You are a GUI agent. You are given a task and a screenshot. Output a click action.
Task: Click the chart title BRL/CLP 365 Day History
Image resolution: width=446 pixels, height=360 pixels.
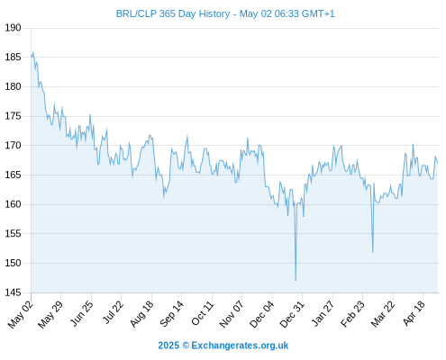click(173, 13)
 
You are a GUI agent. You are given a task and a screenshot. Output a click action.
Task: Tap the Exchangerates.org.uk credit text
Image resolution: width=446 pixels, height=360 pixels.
click(240, 346)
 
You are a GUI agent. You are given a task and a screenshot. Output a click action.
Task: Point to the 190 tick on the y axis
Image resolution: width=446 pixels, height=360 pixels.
click(13, 28)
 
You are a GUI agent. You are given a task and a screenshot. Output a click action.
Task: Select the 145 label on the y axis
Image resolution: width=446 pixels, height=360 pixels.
click(13, 292)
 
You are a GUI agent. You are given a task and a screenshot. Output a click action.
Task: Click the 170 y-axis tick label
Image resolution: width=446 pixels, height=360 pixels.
click(13, 146)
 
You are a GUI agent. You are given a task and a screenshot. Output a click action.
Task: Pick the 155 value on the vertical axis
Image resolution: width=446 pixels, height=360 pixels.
click(13, 234)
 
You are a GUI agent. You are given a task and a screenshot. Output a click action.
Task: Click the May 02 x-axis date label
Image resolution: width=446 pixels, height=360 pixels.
click(21, 314)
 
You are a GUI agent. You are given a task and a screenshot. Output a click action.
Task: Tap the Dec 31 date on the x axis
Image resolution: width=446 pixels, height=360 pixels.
click(292, 314)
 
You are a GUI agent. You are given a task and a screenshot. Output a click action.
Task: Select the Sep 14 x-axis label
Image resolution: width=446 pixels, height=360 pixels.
click(171, 314)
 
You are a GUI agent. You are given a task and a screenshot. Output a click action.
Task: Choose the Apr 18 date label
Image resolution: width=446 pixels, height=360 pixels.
click(414, 314)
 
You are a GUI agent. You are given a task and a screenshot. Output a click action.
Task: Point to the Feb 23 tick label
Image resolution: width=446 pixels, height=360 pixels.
click(352, 314)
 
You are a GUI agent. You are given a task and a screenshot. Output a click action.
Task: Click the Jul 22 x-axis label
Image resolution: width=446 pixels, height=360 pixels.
click(113, 312)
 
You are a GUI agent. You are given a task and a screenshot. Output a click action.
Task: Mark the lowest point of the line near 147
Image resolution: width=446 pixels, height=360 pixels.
click(296, 281)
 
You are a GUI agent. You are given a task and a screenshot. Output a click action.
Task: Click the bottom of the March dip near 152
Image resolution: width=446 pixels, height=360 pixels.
click(373, 252)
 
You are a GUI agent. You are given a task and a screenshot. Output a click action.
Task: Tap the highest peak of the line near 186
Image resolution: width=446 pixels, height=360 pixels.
click(32, 52)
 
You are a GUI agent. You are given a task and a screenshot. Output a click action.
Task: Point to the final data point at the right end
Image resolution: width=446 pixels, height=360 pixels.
click(438, 163)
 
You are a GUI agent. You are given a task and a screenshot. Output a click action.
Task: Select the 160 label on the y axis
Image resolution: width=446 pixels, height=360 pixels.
click(13, 204)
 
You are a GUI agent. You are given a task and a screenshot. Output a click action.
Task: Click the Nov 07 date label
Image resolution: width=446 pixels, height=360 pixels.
click(232, 314)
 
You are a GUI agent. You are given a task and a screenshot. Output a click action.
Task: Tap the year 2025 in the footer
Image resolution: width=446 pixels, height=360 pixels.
click(168, 346)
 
